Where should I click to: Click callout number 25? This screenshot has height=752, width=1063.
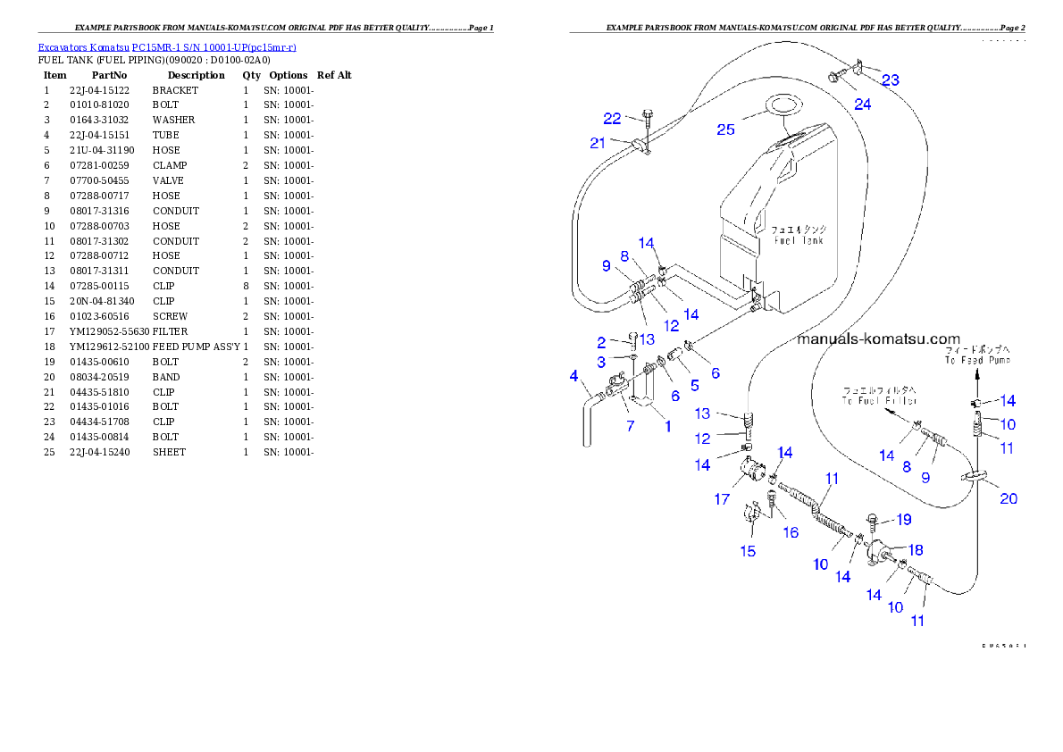(725, 130)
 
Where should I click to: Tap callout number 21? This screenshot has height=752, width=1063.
(598, 143)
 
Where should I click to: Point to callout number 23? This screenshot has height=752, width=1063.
(890, 80)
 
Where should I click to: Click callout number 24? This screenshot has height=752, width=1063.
(862, 104)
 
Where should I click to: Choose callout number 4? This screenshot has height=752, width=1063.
(574, 378)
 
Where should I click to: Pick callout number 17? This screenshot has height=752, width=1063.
(722, 499)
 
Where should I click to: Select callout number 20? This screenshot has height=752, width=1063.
(1008, 498)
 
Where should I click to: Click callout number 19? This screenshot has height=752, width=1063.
(904, 519)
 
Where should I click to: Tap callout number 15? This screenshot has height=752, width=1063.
(748, 551)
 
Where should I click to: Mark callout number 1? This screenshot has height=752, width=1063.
(666, 426)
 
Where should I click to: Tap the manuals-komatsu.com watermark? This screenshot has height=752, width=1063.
(878, 339)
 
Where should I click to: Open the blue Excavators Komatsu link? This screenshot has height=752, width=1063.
(167, 46)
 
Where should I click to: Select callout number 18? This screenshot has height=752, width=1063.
(916, 550)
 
